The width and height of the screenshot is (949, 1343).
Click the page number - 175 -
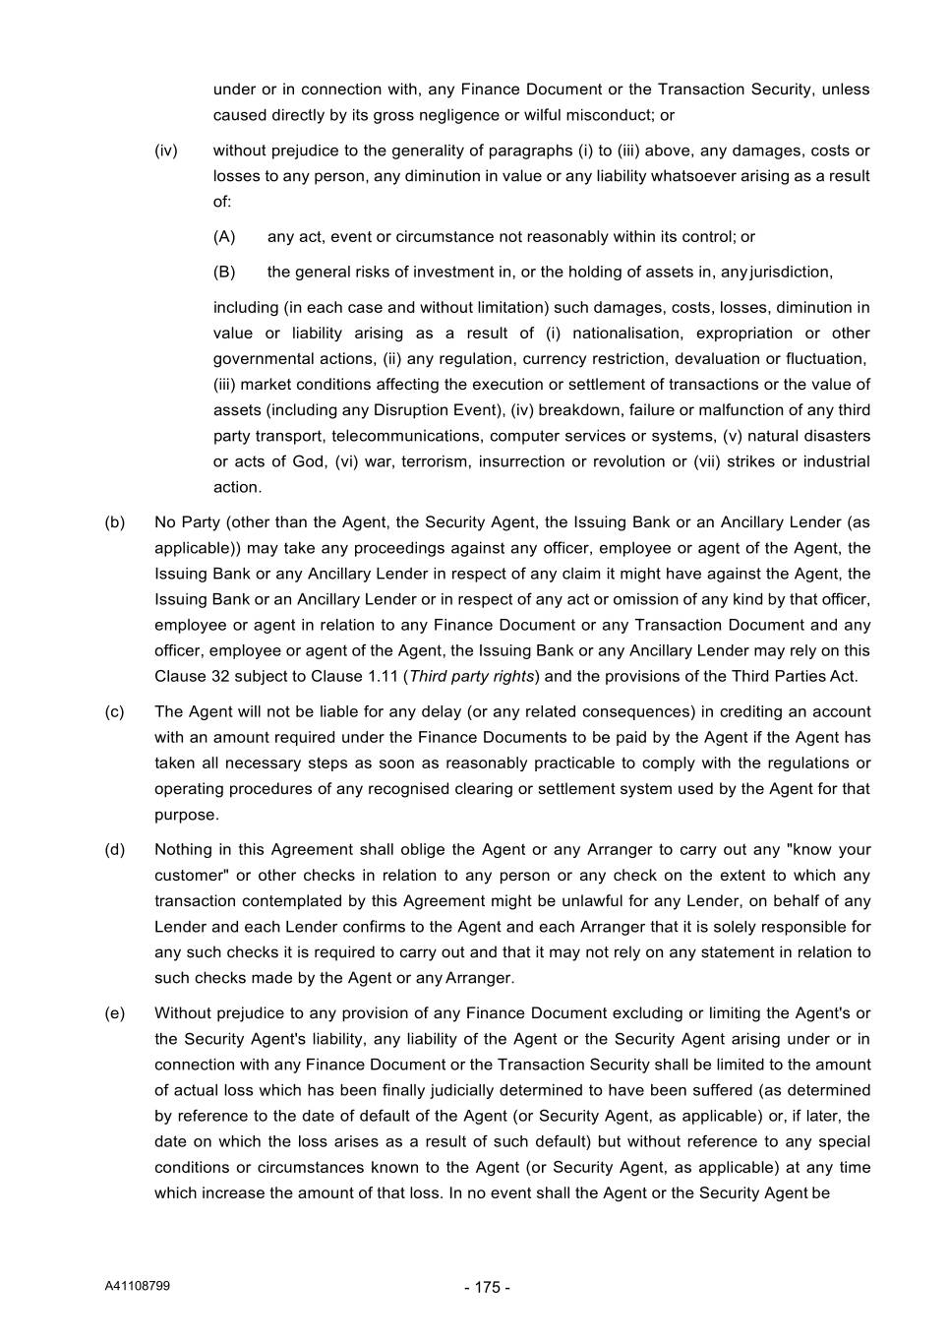click(x=487, y=1287)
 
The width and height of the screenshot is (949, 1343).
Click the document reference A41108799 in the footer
click(x=137, y=1286)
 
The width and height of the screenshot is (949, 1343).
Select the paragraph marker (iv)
click(x=166, y=151)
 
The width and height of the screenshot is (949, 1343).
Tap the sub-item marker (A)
click(x=224, y=236)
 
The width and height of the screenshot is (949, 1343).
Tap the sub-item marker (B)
click(x=224, y=272)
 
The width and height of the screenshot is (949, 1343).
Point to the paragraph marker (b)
click(x=115, y=522)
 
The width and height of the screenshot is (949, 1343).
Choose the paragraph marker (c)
click(x=115, y=711)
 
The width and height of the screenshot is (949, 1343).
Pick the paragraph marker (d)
click(x=115, y=849)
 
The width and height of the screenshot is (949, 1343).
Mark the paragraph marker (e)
click(x=115, y=1013)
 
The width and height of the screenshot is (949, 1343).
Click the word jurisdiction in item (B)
click(x=791, y=272)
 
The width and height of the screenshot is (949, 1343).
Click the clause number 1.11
click(x=385, y=676)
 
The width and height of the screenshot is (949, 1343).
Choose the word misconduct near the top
click(x=614, y=115)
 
